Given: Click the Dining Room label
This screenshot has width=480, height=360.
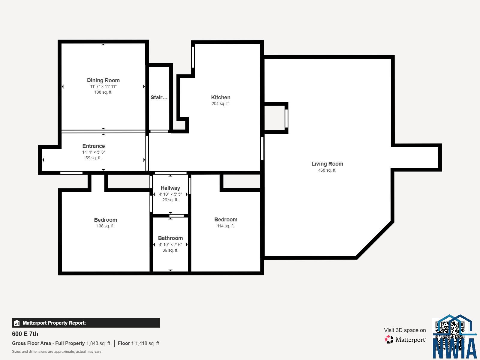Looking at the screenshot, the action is tap(103, 80).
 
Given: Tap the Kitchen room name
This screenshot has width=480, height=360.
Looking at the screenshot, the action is tap(220, 97).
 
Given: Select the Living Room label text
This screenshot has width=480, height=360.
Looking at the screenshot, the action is tap(327, 164).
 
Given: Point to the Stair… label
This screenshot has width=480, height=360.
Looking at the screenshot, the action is tap(159, 97).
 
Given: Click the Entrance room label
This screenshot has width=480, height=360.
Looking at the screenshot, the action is tap(94, 146).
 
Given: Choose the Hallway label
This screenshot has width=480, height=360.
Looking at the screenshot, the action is tap(170, 188).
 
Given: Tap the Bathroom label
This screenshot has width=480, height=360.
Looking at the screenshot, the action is tap(170, 238).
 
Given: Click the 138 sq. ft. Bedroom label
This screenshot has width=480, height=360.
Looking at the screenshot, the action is tap(105, 220).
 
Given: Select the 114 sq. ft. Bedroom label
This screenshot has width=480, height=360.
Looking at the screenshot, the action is tap(226, 220).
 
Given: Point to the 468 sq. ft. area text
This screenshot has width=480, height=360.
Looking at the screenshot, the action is tap(327, 170).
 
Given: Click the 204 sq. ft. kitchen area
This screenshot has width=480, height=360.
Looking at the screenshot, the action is tap(220, 103).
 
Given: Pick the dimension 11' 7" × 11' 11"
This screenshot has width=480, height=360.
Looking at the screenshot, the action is tap(103, 87).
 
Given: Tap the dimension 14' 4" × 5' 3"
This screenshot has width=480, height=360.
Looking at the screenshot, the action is tap(94, 152).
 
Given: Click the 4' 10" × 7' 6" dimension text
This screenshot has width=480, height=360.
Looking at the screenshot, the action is tap(170, 244).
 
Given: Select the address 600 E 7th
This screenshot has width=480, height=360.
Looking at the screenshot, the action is tap(25, 334).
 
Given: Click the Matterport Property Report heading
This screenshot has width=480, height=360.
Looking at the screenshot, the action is tap(54, 323).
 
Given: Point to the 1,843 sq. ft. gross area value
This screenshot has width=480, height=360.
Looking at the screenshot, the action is tap(99, 343).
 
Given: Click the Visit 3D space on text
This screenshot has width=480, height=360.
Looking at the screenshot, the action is tap(405, 330).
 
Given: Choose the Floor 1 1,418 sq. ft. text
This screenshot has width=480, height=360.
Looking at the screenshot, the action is tap(139, 343).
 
